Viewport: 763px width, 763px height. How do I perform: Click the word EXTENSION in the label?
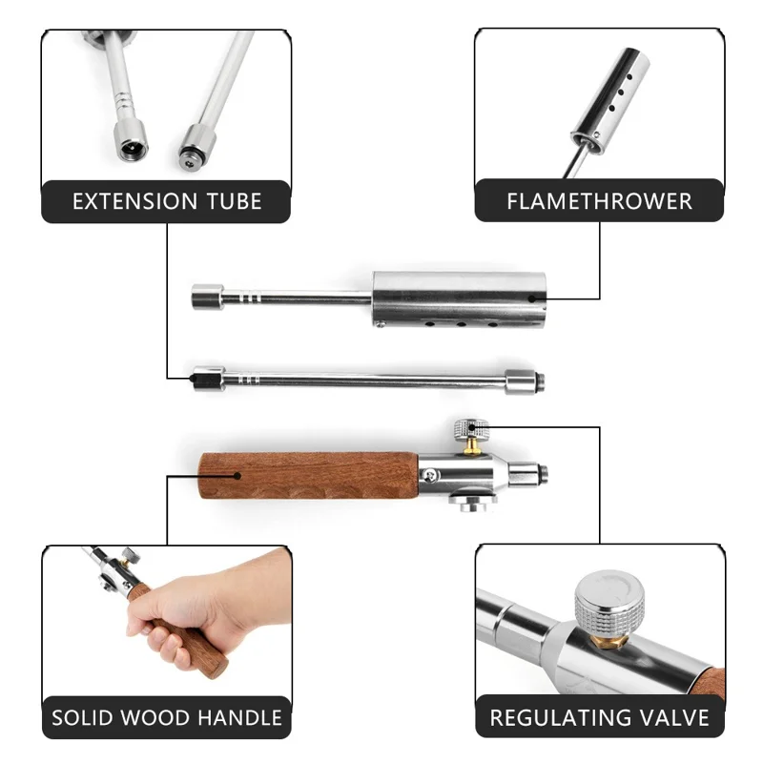pyautogui.click(x=135, y=201)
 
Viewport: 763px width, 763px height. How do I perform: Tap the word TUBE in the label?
pyautogui.click(x=235, y=201)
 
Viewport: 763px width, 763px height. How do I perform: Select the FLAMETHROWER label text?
pyautogui.click(x=600, y=201)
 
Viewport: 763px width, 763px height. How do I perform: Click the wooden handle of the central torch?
pyautogui.click(x=308, y=475)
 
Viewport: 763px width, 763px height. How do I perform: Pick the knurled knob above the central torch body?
pyautogui.click(x=470, y=428)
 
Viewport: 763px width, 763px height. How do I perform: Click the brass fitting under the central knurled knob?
pyautogui.click(x=470, y=446)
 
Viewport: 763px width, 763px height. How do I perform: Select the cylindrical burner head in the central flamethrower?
pyautogui.click(x=459, y=299)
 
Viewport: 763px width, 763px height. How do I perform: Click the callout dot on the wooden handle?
pyautogui.click(x=237, y=475)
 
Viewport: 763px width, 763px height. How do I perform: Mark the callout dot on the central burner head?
pyautogui.click(x=532, y=299)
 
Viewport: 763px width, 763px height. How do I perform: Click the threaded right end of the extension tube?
pyautogui.click(x=539, y=381)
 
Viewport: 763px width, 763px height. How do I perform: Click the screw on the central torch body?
pyautogui.click(x=430, y=475)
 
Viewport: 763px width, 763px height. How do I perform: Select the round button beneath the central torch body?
pyautogui.click(x=472, y=504)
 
